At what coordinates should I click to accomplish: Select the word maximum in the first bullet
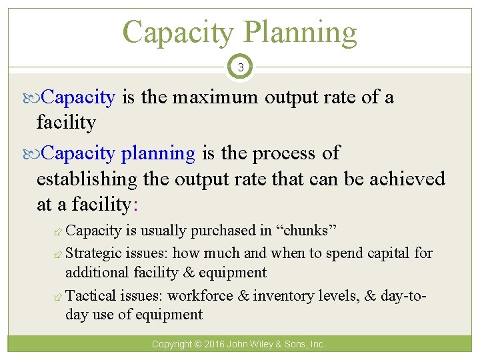[215, 97]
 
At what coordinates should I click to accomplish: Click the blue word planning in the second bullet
[158, 153]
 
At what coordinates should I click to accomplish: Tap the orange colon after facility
[135, 205]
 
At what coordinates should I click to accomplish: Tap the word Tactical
[92, 295]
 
